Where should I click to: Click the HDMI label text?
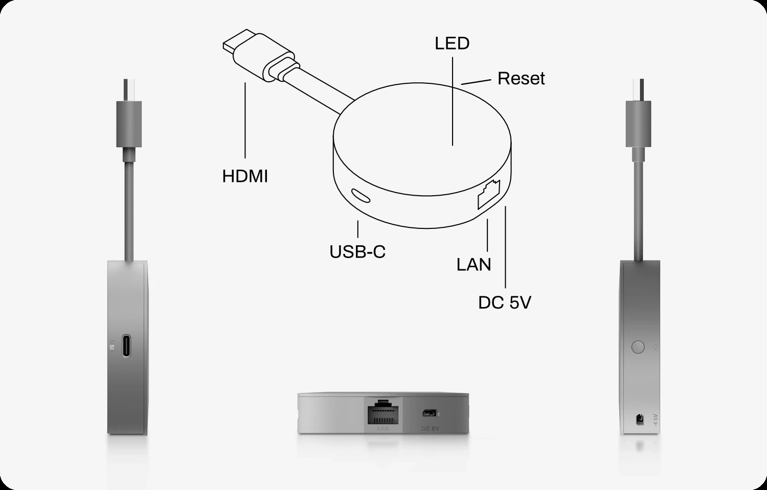pos(245,176)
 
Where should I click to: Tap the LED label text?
pos(452,43)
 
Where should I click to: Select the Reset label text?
pos(521,79)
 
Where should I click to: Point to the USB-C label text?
pos(357,251)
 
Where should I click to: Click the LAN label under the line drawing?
pos(473,264)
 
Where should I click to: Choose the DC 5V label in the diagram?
pos(505,302)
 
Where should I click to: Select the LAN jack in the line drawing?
pos(489,194)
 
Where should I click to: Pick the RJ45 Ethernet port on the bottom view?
pos(383,410)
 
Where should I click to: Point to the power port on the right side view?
pos(639,419)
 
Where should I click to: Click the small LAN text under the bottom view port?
pos(383,428)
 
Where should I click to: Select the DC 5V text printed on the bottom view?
pos(431,428)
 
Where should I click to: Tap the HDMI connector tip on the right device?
pos(638,89)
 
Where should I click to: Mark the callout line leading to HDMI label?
pos(245,120)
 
